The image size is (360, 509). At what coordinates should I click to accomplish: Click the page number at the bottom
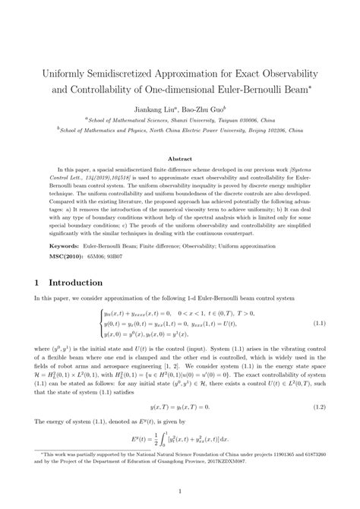(x=180, y=493)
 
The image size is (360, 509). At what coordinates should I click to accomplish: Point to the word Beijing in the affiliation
(x=246, y=130)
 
